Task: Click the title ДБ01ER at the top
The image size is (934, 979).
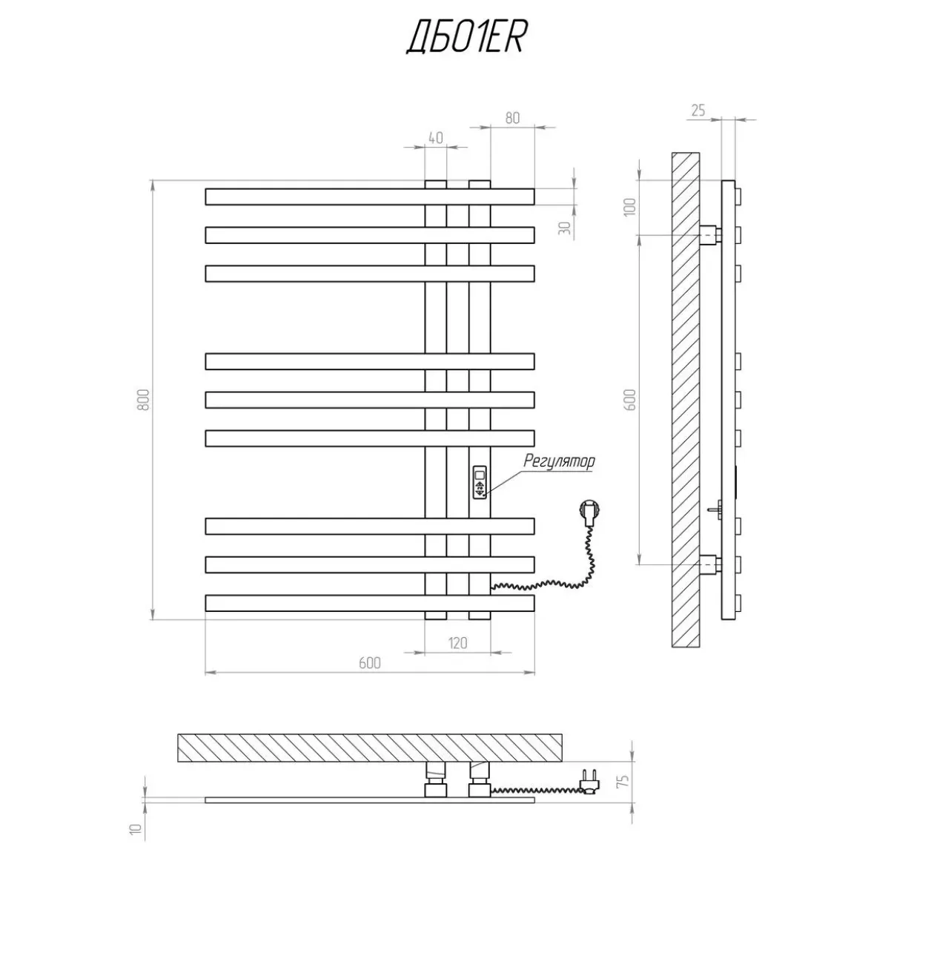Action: click(x=466, y=37)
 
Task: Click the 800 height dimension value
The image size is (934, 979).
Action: click(x=143, y=399)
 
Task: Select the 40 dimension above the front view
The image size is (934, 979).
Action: click(x=436, y=138)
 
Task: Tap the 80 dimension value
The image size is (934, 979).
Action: click(x=512, y=118)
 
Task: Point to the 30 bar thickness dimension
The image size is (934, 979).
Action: click(x=565, y=228)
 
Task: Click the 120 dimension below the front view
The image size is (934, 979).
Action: click(x=457, y=643)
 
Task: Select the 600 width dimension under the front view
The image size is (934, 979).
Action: click(x=369, y=663)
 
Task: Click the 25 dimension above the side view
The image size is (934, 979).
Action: click(x=698, y=111)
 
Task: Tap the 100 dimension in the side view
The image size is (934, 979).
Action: click(x=630, y=207)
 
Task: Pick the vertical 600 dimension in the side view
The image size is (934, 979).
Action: click(x=630, y=400)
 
